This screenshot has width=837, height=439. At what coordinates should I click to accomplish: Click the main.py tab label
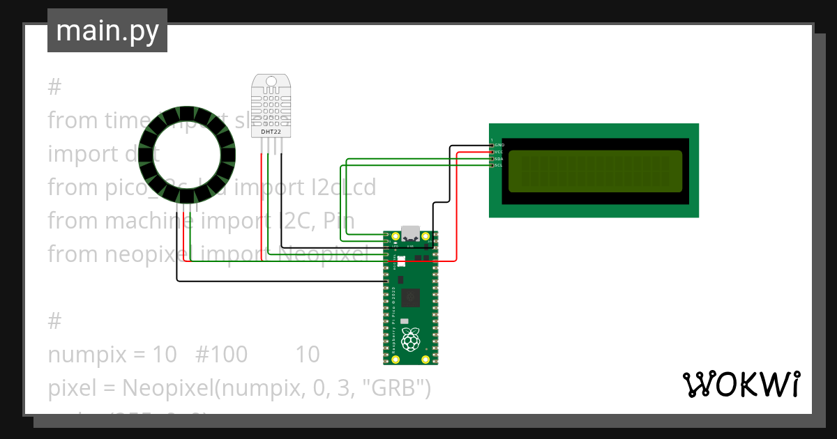pos(107,31)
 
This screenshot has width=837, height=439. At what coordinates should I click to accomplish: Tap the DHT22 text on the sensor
pos(271,131)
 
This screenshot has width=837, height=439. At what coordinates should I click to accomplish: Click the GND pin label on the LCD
pos(499,145)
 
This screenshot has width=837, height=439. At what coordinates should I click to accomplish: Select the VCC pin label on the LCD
pos(499,152)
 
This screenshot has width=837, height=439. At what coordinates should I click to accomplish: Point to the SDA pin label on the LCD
pos(499,159)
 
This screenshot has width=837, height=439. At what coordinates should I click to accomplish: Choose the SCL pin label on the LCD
pos(499,166)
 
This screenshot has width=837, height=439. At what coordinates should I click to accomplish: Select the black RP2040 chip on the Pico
pos(411,298)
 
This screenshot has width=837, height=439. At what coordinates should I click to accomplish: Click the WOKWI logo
pos(741,384)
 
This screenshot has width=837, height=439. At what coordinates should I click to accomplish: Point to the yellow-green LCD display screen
pos(595,171)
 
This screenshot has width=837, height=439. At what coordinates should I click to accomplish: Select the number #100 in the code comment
pos(221,355)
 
